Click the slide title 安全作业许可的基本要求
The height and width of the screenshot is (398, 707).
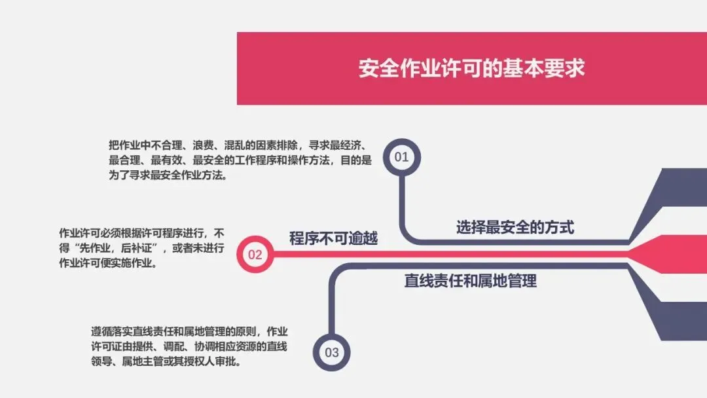471,69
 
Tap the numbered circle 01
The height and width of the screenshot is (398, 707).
401,157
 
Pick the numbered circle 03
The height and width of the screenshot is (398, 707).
332,353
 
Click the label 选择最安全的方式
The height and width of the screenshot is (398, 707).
515,227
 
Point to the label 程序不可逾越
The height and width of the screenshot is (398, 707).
334,238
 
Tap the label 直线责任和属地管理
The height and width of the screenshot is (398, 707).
470,281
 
